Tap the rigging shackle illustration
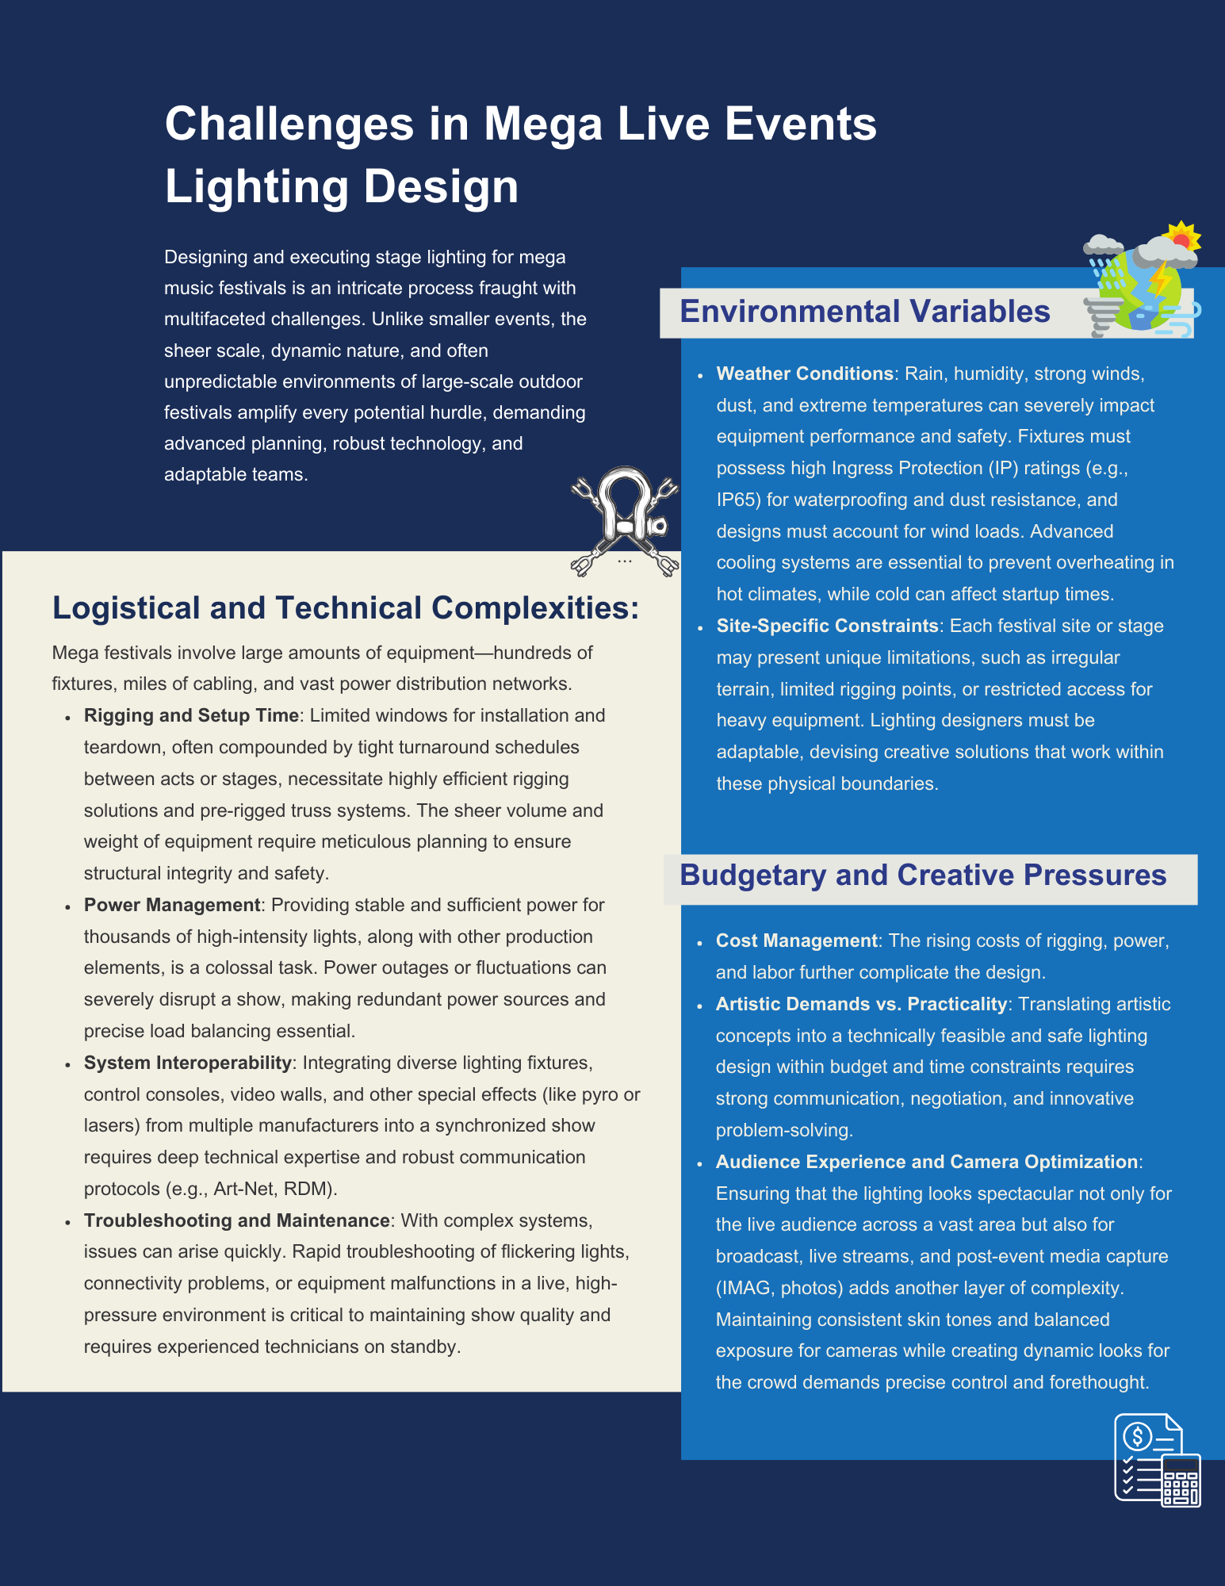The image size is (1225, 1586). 625,520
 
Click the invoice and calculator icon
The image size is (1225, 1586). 1158,1460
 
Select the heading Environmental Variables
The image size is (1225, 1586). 865,312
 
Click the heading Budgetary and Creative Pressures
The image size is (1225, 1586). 923,875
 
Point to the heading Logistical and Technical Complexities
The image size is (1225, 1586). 346,608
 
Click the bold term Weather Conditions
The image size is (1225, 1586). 805,374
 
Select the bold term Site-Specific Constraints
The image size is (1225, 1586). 828,626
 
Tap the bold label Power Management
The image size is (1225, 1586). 172,905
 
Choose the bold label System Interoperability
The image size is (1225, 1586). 188,1063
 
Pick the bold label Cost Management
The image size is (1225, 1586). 797,940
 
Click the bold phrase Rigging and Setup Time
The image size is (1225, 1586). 191,715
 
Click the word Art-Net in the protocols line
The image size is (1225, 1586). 244,1189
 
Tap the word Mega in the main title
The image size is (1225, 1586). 543,125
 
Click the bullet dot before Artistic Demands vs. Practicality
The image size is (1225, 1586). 700,1006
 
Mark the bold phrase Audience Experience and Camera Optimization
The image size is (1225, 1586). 927,1162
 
